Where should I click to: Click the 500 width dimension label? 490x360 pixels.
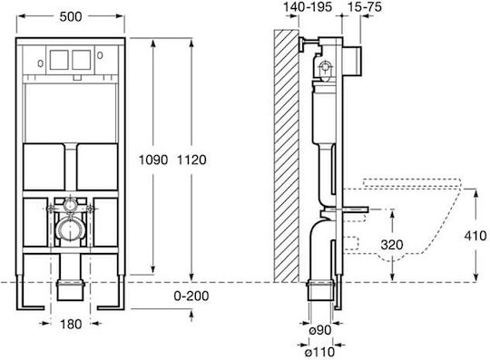coord(71,16)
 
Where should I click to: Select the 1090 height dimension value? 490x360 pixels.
coord(153,160)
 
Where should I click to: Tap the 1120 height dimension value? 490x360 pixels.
coord(191,160)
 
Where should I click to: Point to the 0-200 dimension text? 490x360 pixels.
coord(191,296)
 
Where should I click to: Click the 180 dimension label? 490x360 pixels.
coord(71,324)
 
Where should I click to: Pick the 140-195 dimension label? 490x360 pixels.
coord(308,6)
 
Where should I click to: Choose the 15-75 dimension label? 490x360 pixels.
coord(365,6)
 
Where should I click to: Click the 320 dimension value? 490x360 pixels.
coord(392,245)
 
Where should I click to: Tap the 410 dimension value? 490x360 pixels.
coord(475,236)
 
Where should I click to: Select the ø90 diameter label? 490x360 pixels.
coord(320,330)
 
